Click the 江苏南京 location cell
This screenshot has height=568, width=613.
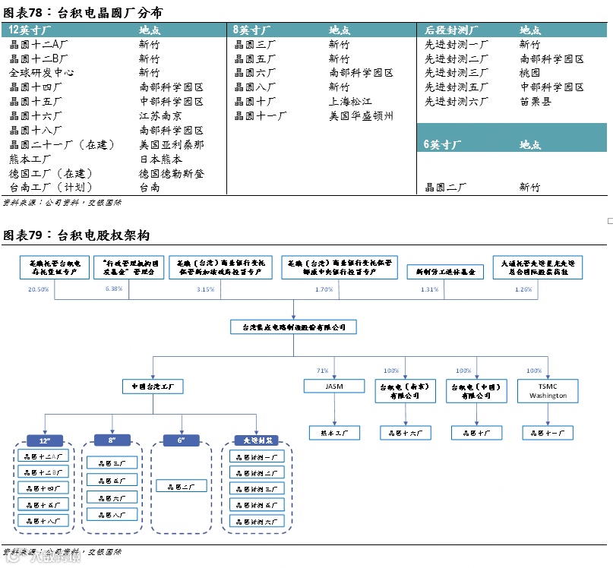click(160, 116)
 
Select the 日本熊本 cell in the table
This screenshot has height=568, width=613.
click(160, 159)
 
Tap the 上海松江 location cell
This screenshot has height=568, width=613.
click(350, 102)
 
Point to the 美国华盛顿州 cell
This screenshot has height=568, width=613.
click(361, 116)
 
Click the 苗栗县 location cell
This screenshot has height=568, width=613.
click(536, 102)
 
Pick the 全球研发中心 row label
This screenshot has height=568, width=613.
click(41, 73)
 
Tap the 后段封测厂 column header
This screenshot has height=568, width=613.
click(451, 30)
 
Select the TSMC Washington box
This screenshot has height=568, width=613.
click(547, 390)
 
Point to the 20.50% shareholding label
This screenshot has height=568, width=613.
click(39, 289)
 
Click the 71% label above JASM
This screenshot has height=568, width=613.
click(322, 371)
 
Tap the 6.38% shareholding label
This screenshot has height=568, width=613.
click(114, 289)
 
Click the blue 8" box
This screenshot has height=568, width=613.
click(112, 440)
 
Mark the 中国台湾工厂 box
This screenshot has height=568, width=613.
click(153, 386)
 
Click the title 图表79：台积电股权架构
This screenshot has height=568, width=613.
click(77, 235)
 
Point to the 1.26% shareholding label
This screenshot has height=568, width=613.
click(523, 289)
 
